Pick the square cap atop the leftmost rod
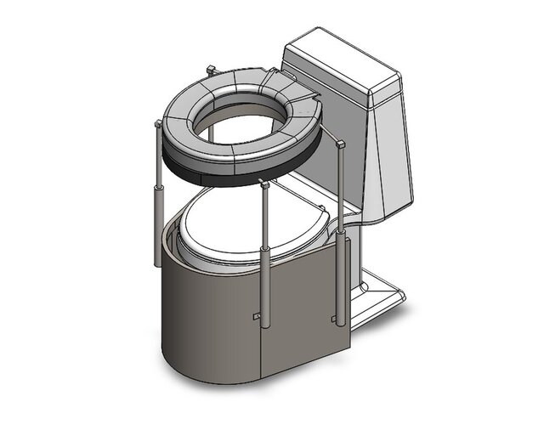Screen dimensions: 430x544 (x=157, y=125)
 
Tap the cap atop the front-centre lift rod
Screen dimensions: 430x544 (x=265, y=184)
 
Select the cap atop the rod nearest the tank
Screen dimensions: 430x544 (x=341, y=147)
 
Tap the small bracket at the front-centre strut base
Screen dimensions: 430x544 (x=257, y=316)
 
